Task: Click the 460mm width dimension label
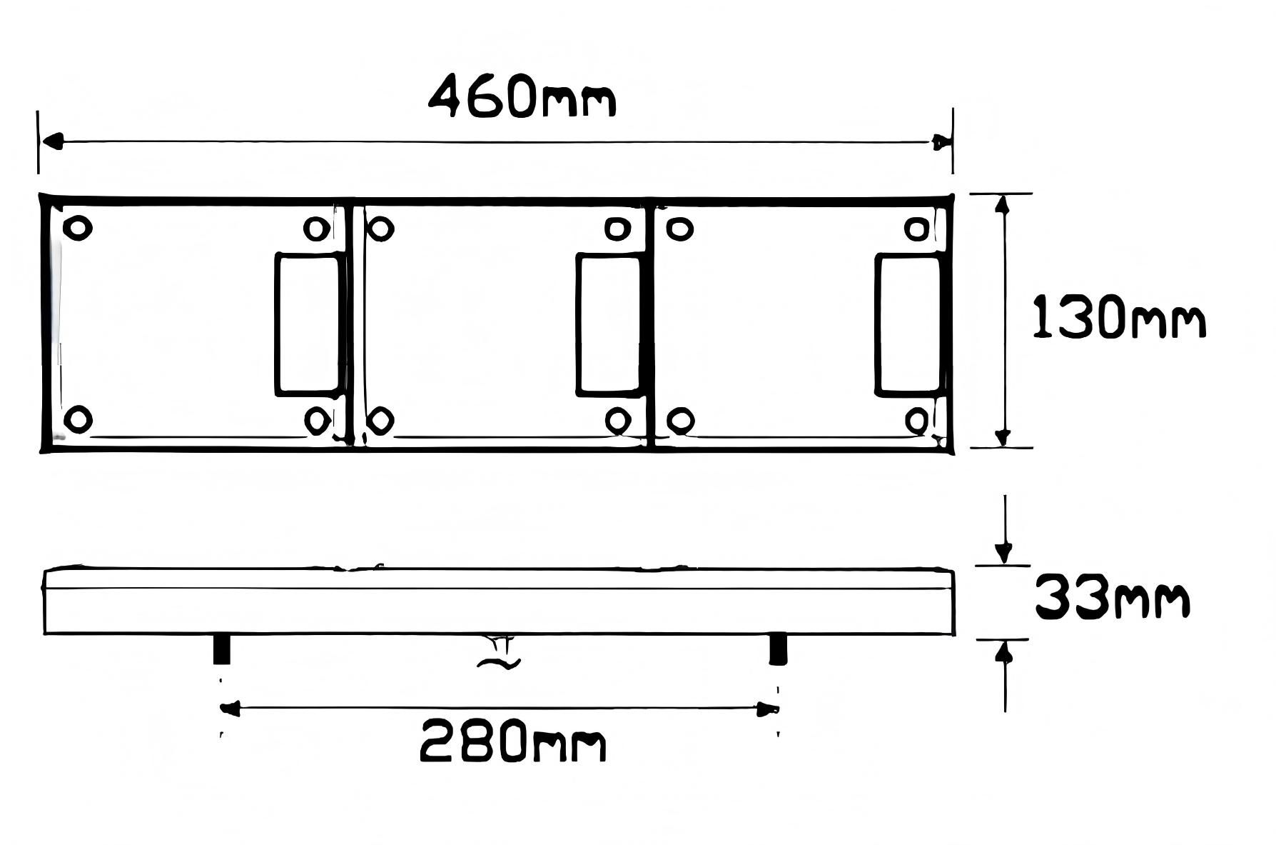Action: point(522,96)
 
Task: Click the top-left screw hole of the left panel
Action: point(78,228)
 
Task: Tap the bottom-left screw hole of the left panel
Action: point(78,419)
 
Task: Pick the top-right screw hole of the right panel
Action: point(918,229)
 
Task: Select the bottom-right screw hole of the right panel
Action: point(918,420)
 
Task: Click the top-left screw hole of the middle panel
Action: point(380,229)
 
